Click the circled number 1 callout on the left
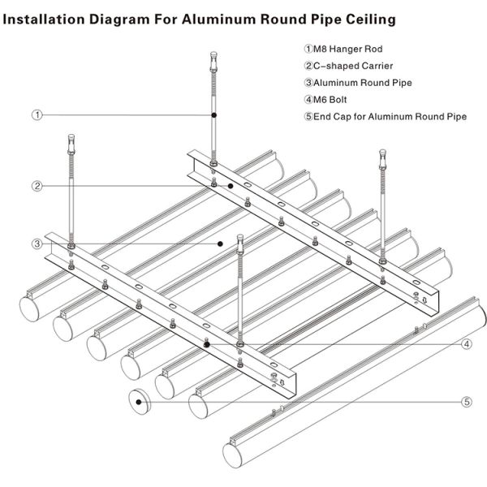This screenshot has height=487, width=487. [x=37, y=115]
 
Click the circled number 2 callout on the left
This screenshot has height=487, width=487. [x=37, y=186]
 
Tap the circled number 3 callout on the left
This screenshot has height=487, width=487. [x=37, y=243]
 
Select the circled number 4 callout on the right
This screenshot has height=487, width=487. [x=467, y=344]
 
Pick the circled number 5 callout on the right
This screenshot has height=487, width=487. [x=467, y=401]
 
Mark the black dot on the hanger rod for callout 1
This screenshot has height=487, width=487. [x=213, y=115]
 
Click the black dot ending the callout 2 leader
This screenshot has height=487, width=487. [x=231, y=186]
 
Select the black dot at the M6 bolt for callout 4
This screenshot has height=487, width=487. [x=209, y=344]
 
